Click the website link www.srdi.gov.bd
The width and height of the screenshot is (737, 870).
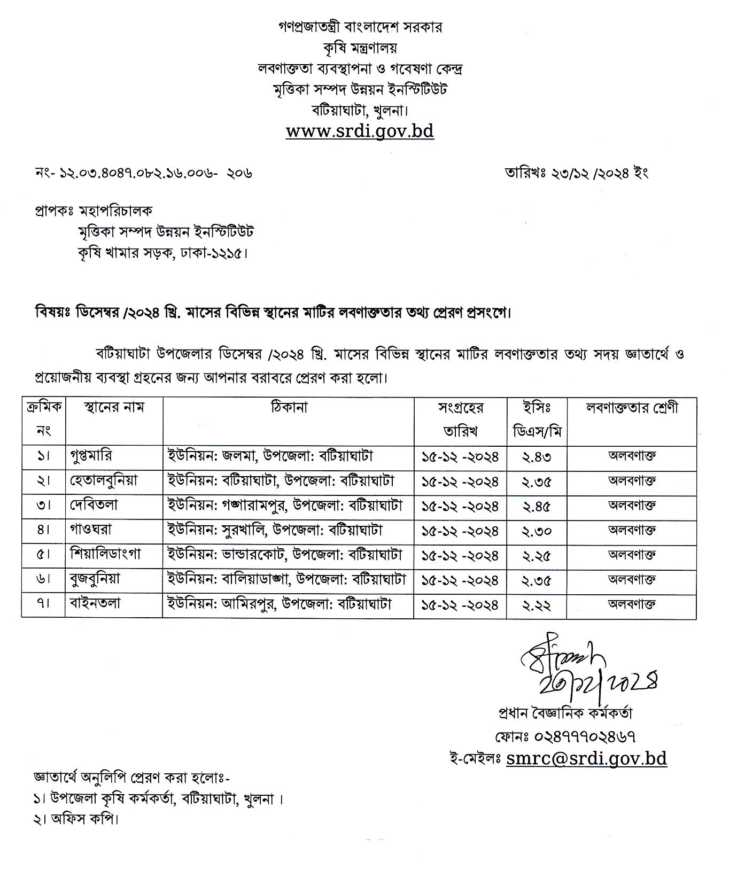pyautogui.click(x=360, y=131)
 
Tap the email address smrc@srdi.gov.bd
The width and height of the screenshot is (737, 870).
pyautogui.click(x=586, y=759)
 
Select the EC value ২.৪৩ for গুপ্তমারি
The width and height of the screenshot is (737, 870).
pyautogui.click(x=536, y=457)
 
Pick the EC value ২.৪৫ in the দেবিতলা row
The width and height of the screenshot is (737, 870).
pyautogui.click(x=536, y=507)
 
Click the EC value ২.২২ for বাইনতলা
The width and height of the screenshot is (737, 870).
pyautogui.click(x=536, y=605)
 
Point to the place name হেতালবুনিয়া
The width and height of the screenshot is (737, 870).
pyautogui.click(x=104, y=481)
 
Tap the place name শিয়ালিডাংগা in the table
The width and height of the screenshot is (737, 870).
pyautogui.click(x=105, y=555)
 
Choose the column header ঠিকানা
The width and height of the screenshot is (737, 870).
pyautogui.click(x=289, y=408)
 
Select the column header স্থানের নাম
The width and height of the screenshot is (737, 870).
pyautogui.click(x=114, y=408)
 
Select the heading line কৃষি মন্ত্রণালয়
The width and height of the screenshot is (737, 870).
pyautogui.click(x=360, y=48)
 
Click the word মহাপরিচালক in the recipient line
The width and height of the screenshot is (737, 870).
pyautogui.click(x=116, y=211)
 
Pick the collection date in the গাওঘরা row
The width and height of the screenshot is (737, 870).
pyautogui.click(x=460, y=532)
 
